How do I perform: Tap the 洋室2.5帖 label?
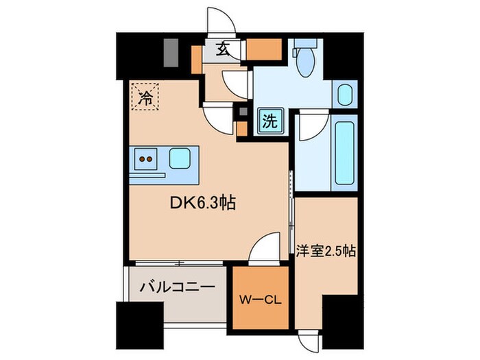pos(326,251)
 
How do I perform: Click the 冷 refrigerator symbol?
pos(145,97)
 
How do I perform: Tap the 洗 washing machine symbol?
pos(269,122)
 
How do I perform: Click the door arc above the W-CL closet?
pos(263,248)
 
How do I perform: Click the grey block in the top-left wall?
pos(171,51)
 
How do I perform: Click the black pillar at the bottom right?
pos(341,322)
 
